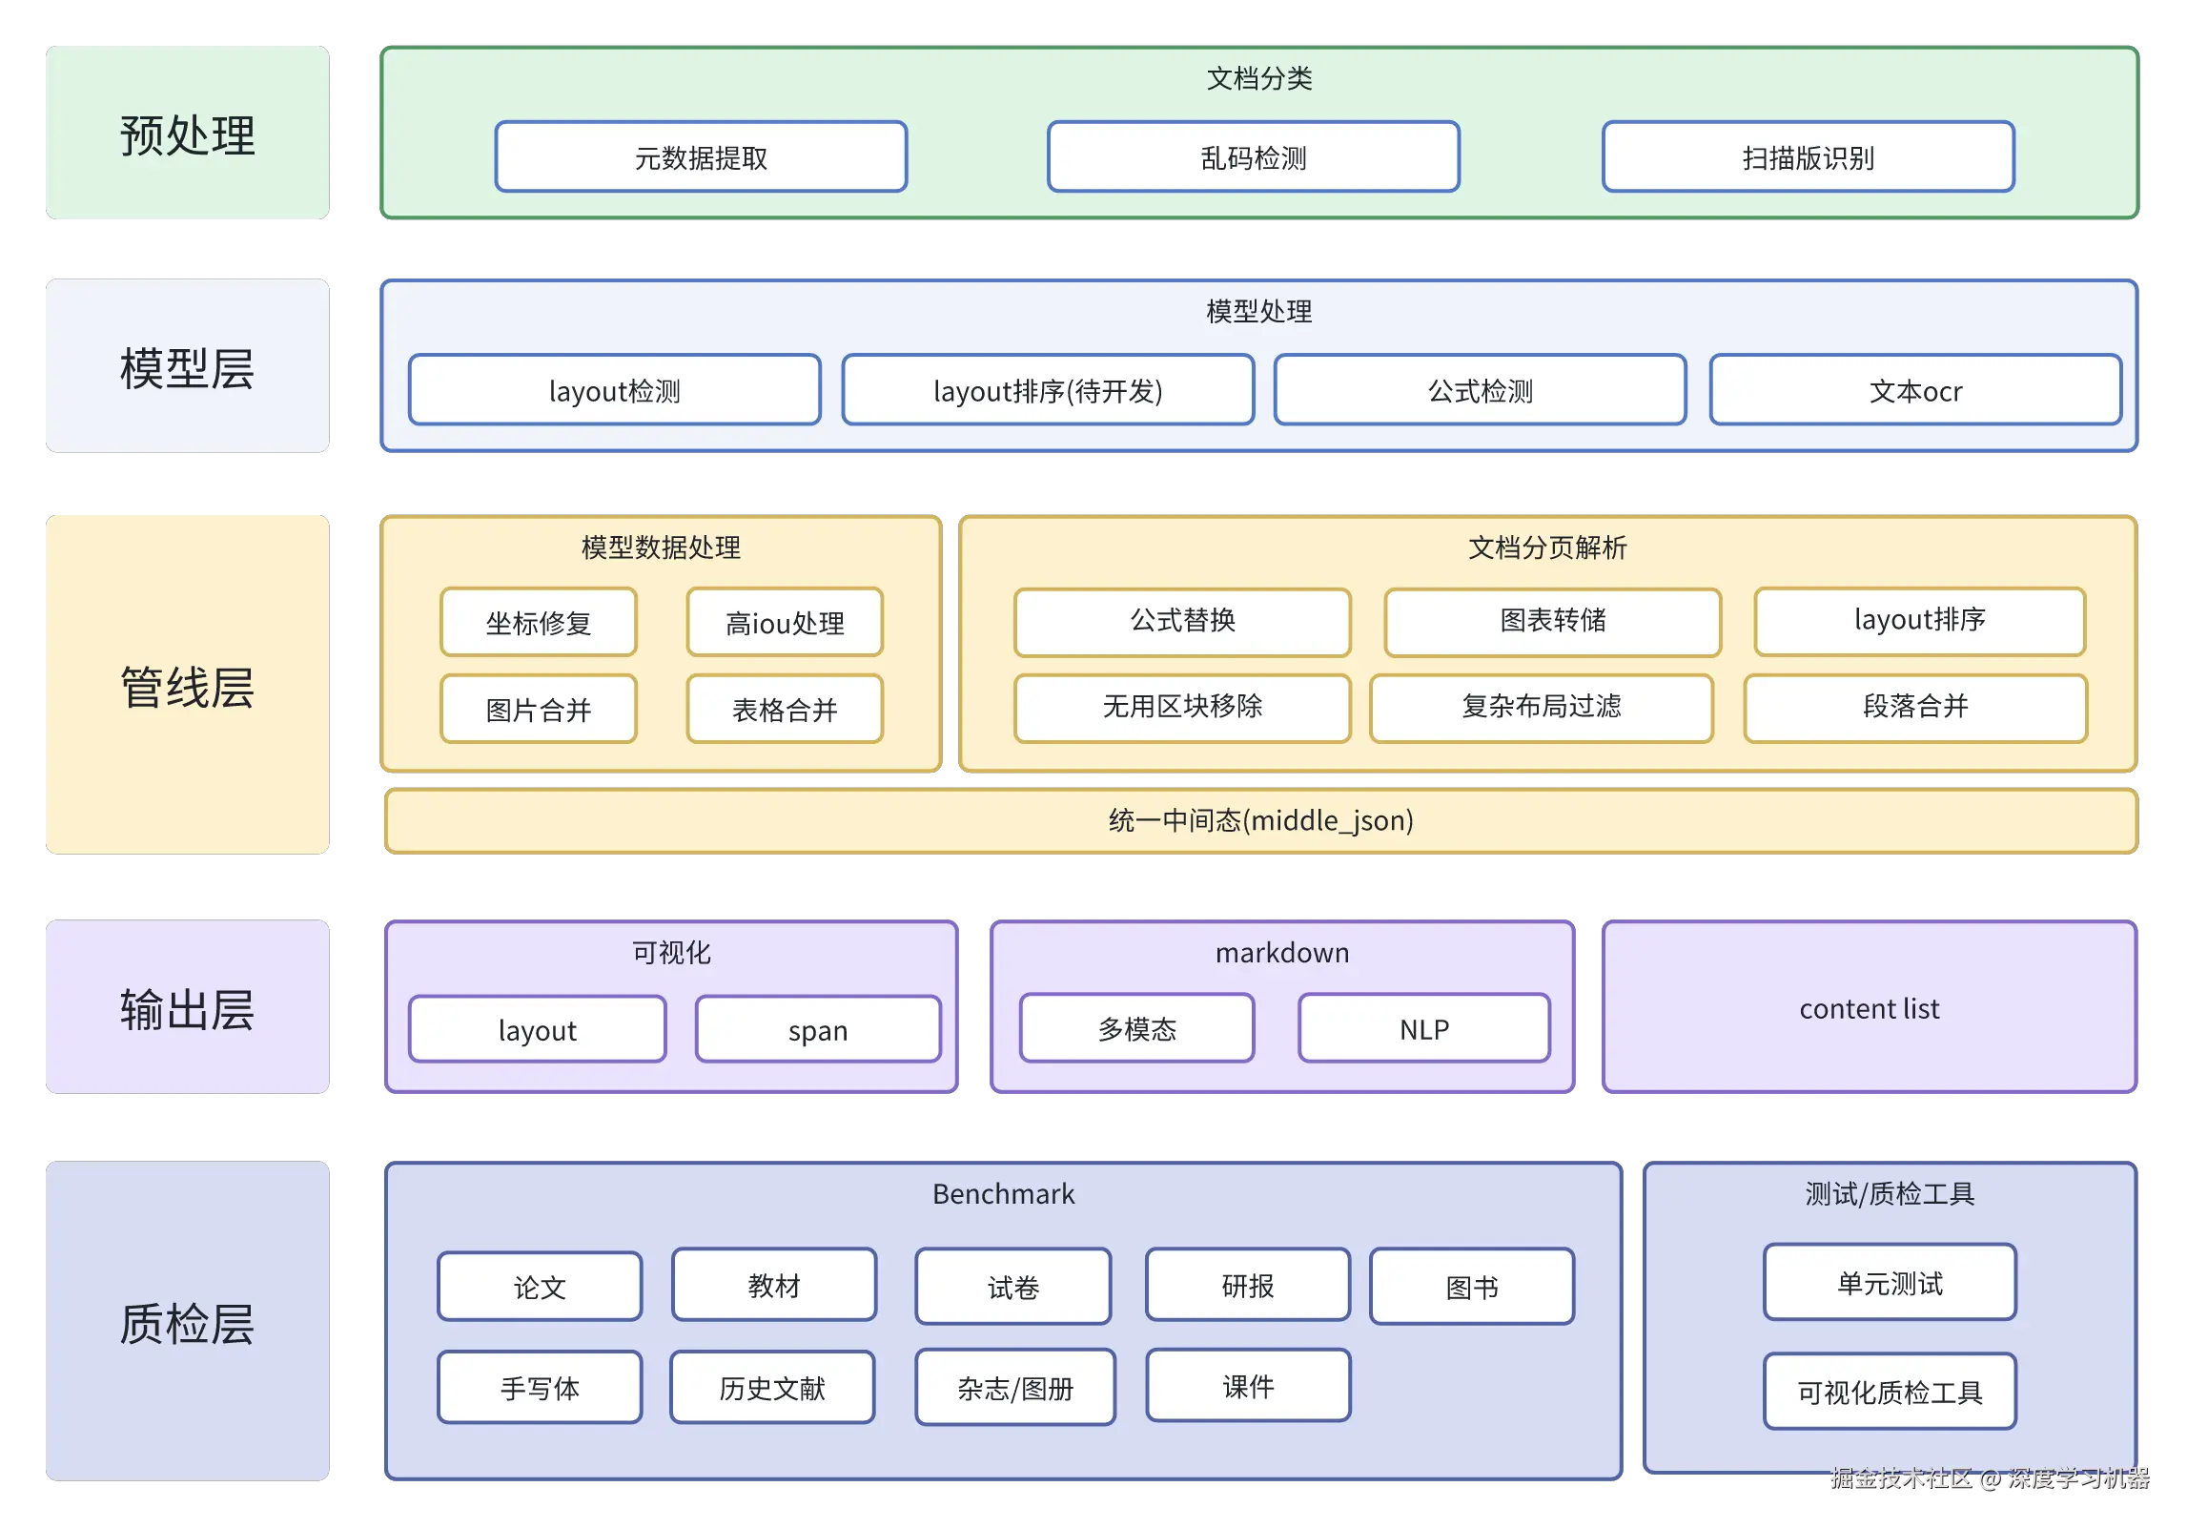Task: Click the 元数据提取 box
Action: [x=701, y=157]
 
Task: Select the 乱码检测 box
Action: [x=1253, y=157]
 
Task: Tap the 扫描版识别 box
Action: [x=1808, y=157]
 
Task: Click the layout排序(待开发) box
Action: [x=1048, y=390]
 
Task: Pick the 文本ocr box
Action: [x=1915, y=390]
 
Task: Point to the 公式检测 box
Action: [x=1480, y=390]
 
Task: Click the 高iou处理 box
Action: [x=785, y=623]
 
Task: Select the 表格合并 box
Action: [x=785, y=709]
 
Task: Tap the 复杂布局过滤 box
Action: [x=1541, y=707]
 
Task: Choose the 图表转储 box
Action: [x=1552, y=621]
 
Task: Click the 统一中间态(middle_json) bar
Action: [x=1260, y=820]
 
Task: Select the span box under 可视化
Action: [x=818, y=1029]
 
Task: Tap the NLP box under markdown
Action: [x=1423, y=1028]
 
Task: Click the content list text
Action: [x=1869, y=1008]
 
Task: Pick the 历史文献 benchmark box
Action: [x=771, y=1388]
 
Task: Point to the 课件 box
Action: [x=1248, y=1386]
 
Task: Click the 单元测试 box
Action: [x=1889, y=1283]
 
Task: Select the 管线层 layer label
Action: [x=187, y=686]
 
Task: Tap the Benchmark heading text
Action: [x=1003, y=1193]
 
